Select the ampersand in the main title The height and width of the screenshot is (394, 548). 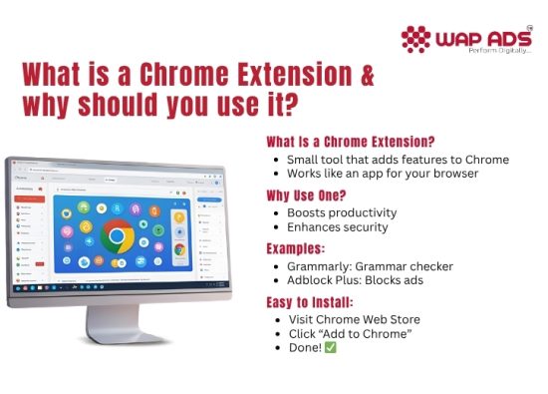point(367,77)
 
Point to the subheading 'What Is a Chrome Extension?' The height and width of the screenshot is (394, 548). point(358,142)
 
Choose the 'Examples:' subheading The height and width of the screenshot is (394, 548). point(298,248)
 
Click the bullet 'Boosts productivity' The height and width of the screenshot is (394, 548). point(342,212)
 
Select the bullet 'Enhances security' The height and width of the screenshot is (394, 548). point(338,228)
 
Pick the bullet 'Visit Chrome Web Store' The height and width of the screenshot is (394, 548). point(354,319)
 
